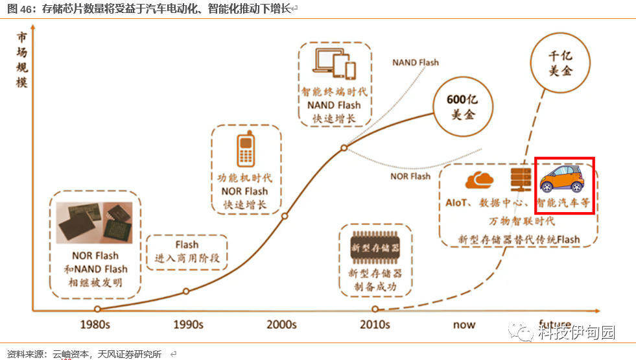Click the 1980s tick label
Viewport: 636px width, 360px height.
98,324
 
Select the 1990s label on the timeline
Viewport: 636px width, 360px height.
188,324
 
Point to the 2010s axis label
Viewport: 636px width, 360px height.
374,324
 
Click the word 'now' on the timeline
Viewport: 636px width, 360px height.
464,324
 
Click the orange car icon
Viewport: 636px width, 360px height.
562,178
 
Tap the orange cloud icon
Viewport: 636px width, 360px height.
479,178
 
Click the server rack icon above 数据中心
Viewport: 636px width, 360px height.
520,178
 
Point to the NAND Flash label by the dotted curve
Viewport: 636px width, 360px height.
415,63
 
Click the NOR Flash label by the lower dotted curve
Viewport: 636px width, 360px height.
410,176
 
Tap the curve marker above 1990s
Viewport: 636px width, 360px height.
186,291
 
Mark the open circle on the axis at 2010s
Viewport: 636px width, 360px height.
375,309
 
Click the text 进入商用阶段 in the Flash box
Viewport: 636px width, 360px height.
187,258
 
